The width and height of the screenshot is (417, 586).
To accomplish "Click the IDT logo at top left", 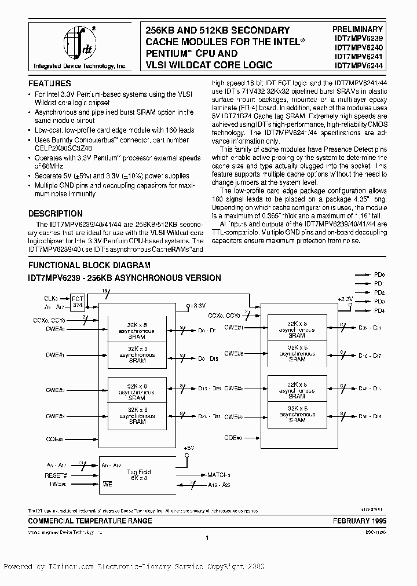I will [x=78, y=43].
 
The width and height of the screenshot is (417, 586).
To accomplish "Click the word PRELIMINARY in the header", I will [x=357, y=29].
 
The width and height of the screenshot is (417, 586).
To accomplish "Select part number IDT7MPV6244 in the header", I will [x=357, y=66].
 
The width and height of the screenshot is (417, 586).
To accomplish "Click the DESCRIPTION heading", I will [x=56, y=213].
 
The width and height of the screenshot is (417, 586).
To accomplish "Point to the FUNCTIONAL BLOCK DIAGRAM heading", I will [x=85, y=265].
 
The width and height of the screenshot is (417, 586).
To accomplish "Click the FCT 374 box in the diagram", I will [x=78, y=303].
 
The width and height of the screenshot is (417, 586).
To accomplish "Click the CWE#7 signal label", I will [x=234, y=416].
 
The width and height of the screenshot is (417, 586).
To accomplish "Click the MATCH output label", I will [x=219, y=474].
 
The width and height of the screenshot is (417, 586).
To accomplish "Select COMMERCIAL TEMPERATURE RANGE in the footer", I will [x=90, y=521].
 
